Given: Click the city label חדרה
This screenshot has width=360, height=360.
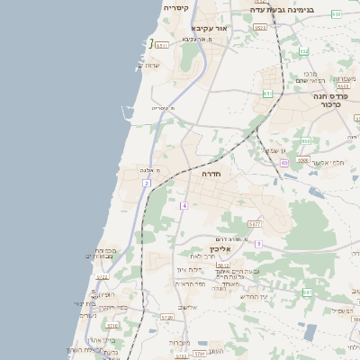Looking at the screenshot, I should (x=211, y=173).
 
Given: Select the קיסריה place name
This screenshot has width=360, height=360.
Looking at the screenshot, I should (x=176, y=7).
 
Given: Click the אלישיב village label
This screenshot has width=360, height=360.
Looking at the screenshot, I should (x=188, y=307).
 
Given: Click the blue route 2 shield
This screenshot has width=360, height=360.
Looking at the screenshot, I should (x=147, y=184).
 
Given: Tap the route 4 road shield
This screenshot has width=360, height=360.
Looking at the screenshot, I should (x=183, y=206).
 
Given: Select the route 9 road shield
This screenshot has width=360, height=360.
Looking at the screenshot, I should (x=258, y=243).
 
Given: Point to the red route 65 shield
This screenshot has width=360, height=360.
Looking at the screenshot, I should (x=284, y=163).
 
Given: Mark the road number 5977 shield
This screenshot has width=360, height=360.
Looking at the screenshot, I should (x=255, y=224).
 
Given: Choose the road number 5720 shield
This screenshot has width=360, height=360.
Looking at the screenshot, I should (x=166, y=317).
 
